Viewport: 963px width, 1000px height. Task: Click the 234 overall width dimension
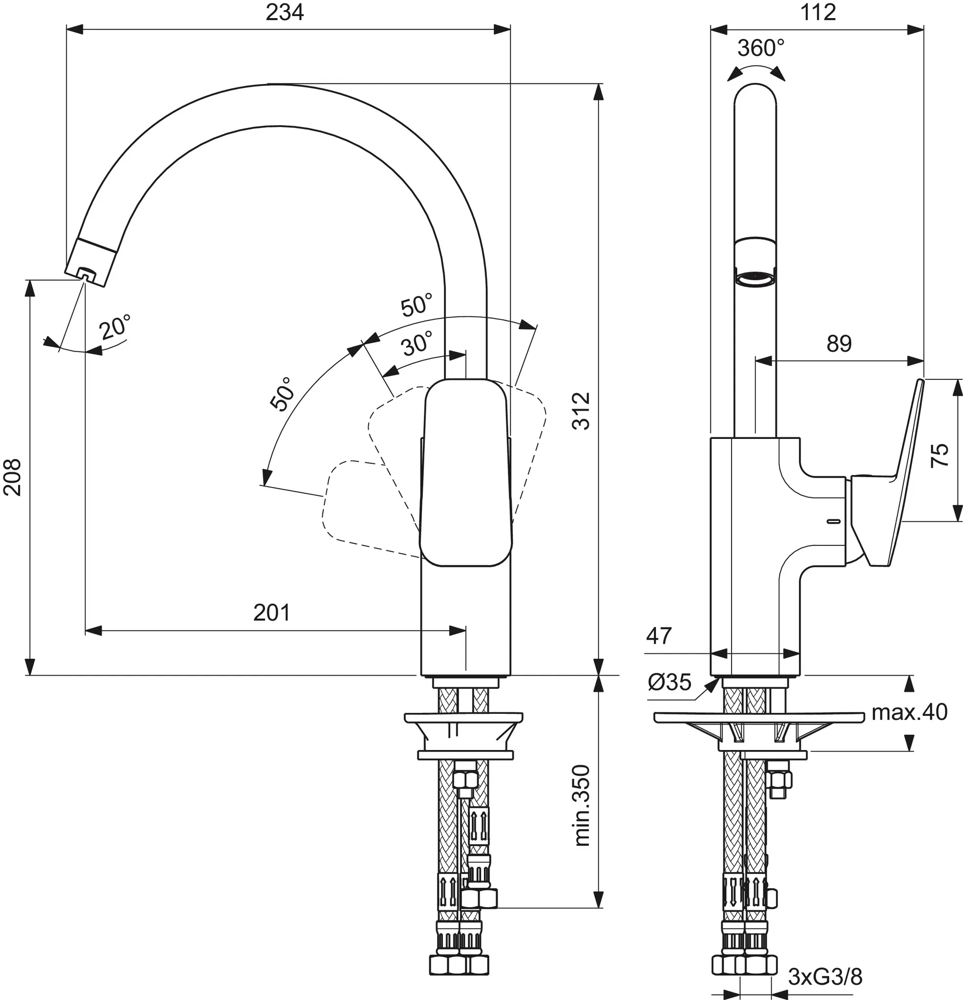(284, 12)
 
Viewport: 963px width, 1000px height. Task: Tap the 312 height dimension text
(581, 411)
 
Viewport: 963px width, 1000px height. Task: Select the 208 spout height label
(12, 477)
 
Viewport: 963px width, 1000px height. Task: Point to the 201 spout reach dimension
(272, 613)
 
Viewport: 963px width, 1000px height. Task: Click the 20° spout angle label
(115, 327)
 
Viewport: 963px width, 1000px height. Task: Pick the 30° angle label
(418, 343)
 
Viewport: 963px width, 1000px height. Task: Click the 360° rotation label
(760, 48)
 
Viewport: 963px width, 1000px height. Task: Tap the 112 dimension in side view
(817, 12)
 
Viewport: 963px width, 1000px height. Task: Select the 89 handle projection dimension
(839, 344)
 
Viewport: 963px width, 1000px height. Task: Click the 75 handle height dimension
(940, 455)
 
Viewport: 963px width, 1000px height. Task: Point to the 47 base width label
(659, 636)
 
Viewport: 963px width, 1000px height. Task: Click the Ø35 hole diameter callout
(669, 682)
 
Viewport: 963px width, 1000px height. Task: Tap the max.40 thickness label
(909, 712)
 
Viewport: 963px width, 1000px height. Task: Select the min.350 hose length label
(581, 806)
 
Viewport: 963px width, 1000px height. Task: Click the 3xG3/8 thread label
(825, 977)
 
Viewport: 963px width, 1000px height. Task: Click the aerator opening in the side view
(755, 279)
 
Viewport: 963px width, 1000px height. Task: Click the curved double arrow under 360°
(756, 71)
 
